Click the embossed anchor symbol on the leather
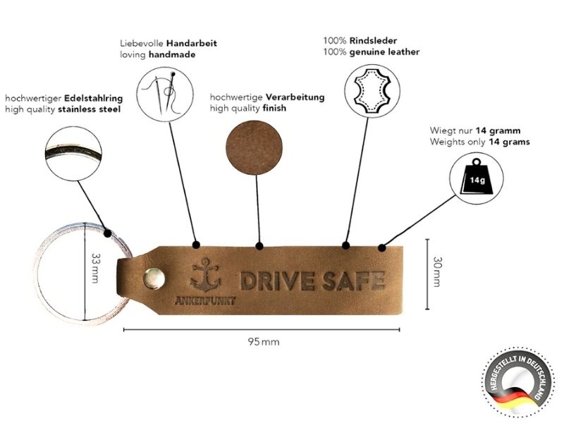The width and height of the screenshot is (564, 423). [x=205, y=274]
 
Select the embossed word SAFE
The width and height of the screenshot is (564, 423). [x=353, y=280]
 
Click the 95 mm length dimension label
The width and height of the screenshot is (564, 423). [x=264, y=342]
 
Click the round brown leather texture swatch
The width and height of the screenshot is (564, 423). [x=253, y=149]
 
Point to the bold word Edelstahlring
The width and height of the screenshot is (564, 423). [x=92, y=98]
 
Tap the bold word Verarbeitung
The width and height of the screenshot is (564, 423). [x=295, y=97]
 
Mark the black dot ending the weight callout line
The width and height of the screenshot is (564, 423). [x=382, y=247]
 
